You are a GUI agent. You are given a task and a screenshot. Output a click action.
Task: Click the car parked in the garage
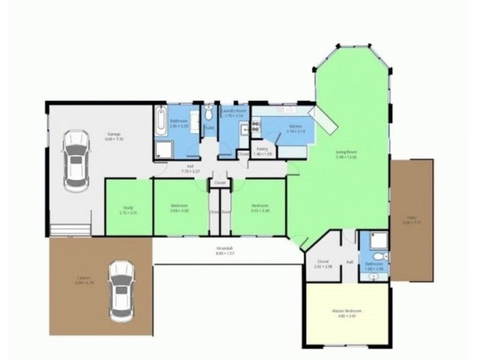click(76, 161)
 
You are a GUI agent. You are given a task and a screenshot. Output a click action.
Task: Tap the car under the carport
click(121, 290)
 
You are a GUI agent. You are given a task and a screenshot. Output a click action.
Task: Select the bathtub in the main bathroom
click(160, 121)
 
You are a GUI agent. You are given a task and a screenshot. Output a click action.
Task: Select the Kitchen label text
click(296, 128)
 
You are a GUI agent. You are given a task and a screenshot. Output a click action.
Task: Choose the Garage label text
click(115, 136)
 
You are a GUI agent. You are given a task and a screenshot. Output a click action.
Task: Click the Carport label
click(83, 280)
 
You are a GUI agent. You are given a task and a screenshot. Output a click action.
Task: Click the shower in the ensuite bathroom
click(379, 241)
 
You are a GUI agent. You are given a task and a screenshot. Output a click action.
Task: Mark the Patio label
click(412, 219)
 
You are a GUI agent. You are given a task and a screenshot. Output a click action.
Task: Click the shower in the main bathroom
click(164, 150)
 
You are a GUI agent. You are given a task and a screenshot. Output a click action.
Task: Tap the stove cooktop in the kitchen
click(256, 125)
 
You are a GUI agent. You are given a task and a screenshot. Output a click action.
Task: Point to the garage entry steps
click(70, 230)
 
